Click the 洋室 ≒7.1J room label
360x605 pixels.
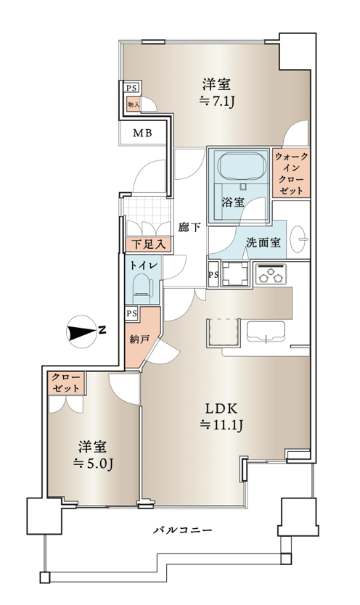(x=217, y=93)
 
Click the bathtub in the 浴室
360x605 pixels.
(x=242, y=166)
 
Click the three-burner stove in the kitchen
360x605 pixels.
(x=271, y=274)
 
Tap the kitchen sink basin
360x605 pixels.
(x=266, y=331)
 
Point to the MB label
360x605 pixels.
(x=143, y=133)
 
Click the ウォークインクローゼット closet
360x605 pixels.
(x=291, y=173)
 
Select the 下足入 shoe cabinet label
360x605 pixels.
(x=149, y=244)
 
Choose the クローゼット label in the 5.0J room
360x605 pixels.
(x=66, y=383)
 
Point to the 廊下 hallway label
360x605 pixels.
(x=189, y=228)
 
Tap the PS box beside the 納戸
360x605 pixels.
(x=131, y=313)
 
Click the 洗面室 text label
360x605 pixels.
(x=263, y=242)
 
